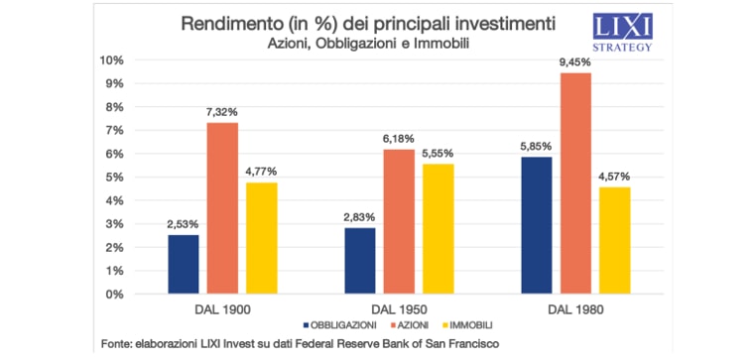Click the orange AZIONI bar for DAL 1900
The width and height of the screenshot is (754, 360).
point(222,208)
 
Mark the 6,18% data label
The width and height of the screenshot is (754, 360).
point(400,139)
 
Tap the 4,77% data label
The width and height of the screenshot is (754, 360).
point(262,172)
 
